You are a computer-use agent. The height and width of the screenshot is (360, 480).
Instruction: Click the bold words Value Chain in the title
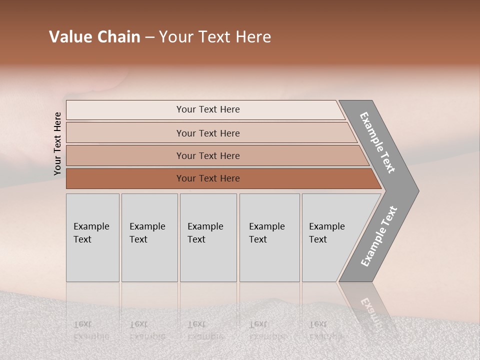pyautogui.click(x=94, y=37)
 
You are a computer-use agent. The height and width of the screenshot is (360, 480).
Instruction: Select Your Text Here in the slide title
pyautogui.click(x=215, y=37)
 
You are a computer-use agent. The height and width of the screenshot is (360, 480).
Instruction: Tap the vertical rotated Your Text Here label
pyautogui.click(x=57, y=143)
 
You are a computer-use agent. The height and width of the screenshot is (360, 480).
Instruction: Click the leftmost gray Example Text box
pyautogui.click(x=92, y=237)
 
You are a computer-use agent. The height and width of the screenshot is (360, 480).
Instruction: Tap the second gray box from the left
pyautogui.click(x=149, y=237)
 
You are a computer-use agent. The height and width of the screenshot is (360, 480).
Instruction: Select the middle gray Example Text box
pyautogui.click(x=208, y=237)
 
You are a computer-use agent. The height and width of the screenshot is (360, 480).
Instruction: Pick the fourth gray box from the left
pyautogui.click(x=269, y=237)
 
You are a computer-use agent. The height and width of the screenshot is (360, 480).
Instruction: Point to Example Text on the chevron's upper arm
pyautogui.click(x=377, y=142)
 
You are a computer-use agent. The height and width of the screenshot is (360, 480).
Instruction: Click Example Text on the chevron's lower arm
pyautogui.click(x=379, y=236)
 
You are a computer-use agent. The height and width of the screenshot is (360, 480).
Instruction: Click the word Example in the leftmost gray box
pyautogui.click(x=91, y=226)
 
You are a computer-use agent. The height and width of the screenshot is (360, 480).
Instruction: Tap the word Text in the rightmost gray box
pyautogui.click(x=318, y=239)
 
